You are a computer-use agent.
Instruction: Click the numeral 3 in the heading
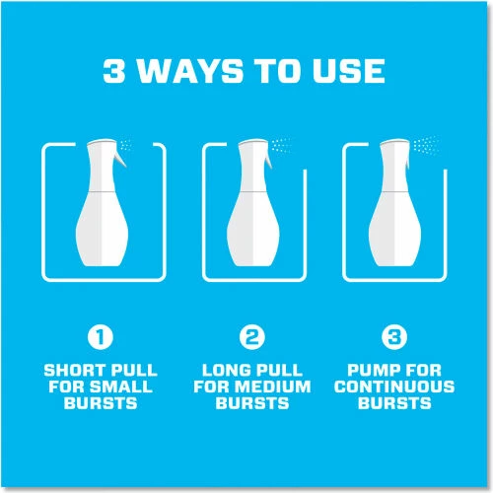pyautogui.click(x=114, y=71)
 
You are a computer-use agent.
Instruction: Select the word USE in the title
pyautogui.click(x=349, y=71)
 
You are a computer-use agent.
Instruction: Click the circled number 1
pyautogui.click(x=101, y=337)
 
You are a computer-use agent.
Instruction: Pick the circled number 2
pyautogui.click(x=251, y=337)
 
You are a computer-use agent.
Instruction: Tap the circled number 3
pyautogui.click(x=394, y=337)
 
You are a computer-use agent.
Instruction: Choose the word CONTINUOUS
pyautogui.click(x=394, y=387)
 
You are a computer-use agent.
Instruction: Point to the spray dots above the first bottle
pyautogui.click(x=125, y=145)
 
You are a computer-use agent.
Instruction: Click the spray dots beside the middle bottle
pyautogui.click(x=281, y=144)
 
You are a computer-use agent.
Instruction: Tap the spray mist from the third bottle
pyautogui.click(x=426, y=145)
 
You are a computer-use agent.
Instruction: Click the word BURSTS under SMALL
pyautogui.click(x=101, y=403)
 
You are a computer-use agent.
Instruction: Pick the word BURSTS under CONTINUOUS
pyautogui.click(x=394, y=403)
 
